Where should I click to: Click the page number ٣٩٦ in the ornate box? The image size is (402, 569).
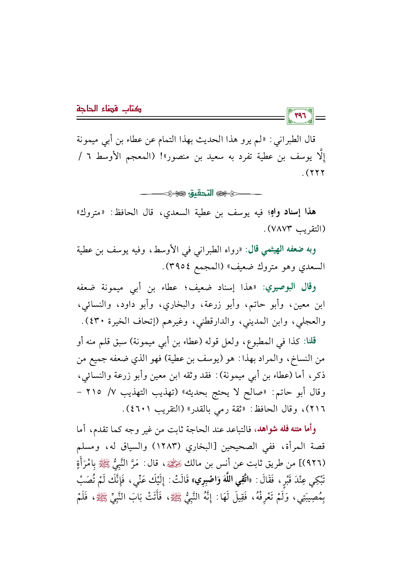point(300,116)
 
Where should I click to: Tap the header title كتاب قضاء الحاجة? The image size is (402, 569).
point(109,108)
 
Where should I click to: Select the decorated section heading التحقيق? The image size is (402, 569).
point(201,193)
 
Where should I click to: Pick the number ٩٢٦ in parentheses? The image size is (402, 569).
point(315,464)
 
